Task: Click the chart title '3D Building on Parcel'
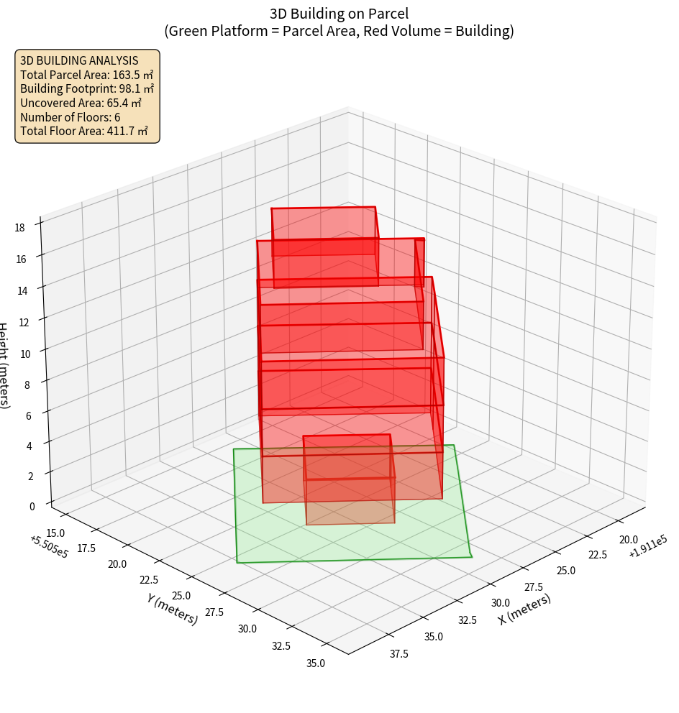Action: click(x=339, y=13)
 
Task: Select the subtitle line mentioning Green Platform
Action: click(x=339, y=31)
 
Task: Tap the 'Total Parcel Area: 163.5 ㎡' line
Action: click(x=86, y=74)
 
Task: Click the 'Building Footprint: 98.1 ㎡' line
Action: click(x=87, y=88)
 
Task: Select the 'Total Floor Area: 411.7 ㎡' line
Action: click(x=84, y=131)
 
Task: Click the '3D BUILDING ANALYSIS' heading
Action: click(x=79, y=60)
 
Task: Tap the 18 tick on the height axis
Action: click(x=19, y=228)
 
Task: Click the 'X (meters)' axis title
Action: click(x=524, y=609)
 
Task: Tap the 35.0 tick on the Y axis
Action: click(x=315, y=663)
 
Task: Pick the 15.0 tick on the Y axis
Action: click(x=55, y=533)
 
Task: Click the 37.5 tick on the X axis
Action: click(x=398, y=653)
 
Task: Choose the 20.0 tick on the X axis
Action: click(x=629, y=540)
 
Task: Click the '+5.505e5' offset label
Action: click(x=49, y=547)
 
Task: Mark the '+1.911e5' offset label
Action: click(x=647, y=551)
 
